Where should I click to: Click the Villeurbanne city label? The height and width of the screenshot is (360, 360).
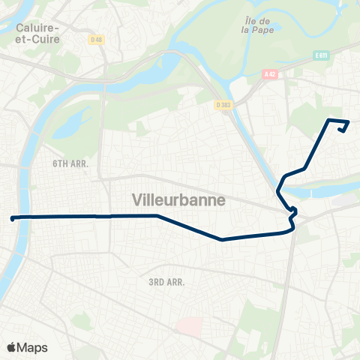178,200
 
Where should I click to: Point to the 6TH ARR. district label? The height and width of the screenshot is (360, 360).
71,162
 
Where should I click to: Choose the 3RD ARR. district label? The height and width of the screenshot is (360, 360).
166,282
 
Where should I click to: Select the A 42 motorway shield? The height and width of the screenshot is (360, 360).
270,73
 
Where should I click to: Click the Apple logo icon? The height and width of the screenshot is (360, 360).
11,347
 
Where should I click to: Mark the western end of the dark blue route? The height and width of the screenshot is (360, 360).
13,218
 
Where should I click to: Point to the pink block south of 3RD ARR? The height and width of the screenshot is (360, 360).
188,325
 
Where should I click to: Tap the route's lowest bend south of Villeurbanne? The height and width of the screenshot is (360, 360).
222,240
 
